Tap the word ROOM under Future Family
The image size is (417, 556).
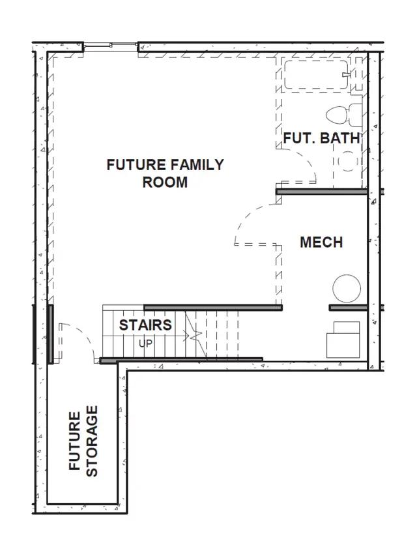165,183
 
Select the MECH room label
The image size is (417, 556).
321,242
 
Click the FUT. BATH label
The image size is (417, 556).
321,138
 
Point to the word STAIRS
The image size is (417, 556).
145,325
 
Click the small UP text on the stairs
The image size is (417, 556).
145,344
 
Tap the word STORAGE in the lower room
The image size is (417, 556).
92,441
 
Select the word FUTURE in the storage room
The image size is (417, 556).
74,441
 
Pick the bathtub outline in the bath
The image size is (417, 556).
316,74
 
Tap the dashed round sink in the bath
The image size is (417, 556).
348,162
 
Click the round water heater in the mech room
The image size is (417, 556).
347,289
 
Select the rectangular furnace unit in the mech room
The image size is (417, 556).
343,340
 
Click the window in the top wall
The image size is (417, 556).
111,45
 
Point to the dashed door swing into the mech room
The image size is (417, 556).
248,216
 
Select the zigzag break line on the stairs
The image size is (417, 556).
195,334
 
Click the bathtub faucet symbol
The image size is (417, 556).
347,74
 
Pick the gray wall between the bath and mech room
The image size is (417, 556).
322,192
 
